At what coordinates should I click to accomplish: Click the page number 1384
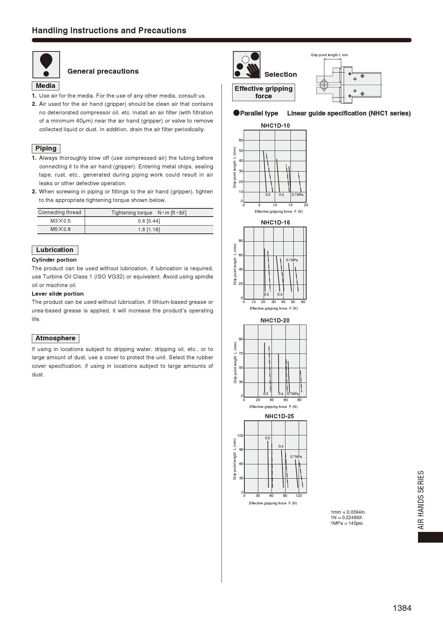tap(402, 608)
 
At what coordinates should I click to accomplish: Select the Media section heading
tap(45, 86)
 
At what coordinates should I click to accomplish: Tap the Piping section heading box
tap(46, 148)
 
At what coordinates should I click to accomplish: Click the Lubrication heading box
tap(55, 250)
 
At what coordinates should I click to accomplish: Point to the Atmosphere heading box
tap(55, 338)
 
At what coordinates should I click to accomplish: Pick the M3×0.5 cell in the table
tap(60, 221)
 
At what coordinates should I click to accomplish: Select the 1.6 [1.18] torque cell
tap(149, 229)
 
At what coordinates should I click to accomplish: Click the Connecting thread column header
tap(60, 212)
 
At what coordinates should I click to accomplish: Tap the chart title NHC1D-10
tap(275, 125)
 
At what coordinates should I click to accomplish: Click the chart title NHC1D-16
tap(275, 222)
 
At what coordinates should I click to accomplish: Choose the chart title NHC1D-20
tap(275, 320)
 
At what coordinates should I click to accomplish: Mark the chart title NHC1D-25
tap(279, 416)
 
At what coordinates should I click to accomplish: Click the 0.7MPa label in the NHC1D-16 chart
tap(292, 260)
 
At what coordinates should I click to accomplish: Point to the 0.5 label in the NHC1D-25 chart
tap(281, 446)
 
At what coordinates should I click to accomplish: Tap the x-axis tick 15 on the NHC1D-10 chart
tap(290, 205)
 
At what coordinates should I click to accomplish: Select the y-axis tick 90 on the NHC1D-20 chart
tap(241, 339)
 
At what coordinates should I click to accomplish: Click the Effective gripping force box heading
tap(263, 92)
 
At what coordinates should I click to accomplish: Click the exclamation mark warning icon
tap(46, 65)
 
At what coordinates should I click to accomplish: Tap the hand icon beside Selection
tap(247, 65)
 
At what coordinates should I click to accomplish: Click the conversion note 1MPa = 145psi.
tap(347, 523)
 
